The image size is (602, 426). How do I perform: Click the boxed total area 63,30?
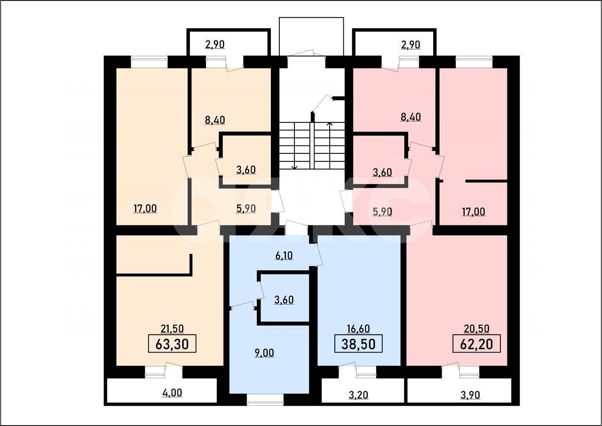(172, 344)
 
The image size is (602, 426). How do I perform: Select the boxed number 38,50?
(358, 344)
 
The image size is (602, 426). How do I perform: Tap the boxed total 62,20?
(476, 344)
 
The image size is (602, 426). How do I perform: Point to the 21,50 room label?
(172, 329)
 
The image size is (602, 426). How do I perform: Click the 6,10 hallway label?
(284, 256)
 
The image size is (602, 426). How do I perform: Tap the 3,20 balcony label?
(358, 394)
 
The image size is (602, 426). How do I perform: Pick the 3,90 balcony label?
(470, 394)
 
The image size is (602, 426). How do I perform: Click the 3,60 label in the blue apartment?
(284, 299)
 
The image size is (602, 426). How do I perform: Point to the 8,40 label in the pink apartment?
(411, 117)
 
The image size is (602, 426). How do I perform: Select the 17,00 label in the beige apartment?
(145, 209)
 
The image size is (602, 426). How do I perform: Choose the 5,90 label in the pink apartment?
(382, 211)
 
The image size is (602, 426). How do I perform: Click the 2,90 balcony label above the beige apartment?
(214, 45)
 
